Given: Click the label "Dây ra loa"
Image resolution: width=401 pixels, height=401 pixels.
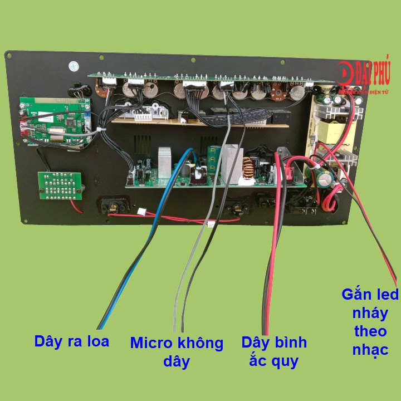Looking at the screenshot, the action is (71, 341).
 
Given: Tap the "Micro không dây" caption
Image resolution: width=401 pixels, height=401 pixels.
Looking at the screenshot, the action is (177, 351).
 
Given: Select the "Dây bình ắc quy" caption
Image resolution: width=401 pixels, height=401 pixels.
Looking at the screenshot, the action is (274, 351).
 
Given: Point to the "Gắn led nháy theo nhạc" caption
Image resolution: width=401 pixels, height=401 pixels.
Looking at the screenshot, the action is (370, 321).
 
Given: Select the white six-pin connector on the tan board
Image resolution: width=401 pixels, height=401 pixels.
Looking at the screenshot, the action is (145, 116).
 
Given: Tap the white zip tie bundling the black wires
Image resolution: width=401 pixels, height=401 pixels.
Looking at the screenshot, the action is (100, 130).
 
